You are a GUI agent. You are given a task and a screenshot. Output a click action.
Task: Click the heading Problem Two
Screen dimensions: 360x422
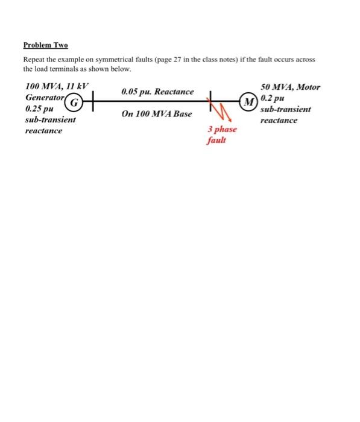pos(45,45)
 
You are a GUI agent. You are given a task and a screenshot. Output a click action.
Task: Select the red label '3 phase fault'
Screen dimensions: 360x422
pos(221,134)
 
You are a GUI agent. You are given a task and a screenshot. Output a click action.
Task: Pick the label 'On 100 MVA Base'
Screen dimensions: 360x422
pos(157,113)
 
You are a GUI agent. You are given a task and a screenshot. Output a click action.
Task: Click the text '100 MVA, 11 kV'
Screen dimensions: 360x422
pos(56,87)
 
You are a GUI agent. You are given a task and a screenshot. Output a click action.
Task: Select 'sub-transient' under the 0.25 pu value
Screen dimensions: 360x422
pos(50,120)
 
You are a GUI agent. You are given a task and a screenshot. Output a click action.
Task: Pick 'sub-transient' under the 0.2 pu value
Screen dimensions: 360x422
pos(286,109)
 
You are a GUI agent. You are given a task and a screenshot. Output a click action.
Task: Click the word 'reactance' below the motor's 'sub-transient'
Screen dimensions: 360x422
pos(279,120)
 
